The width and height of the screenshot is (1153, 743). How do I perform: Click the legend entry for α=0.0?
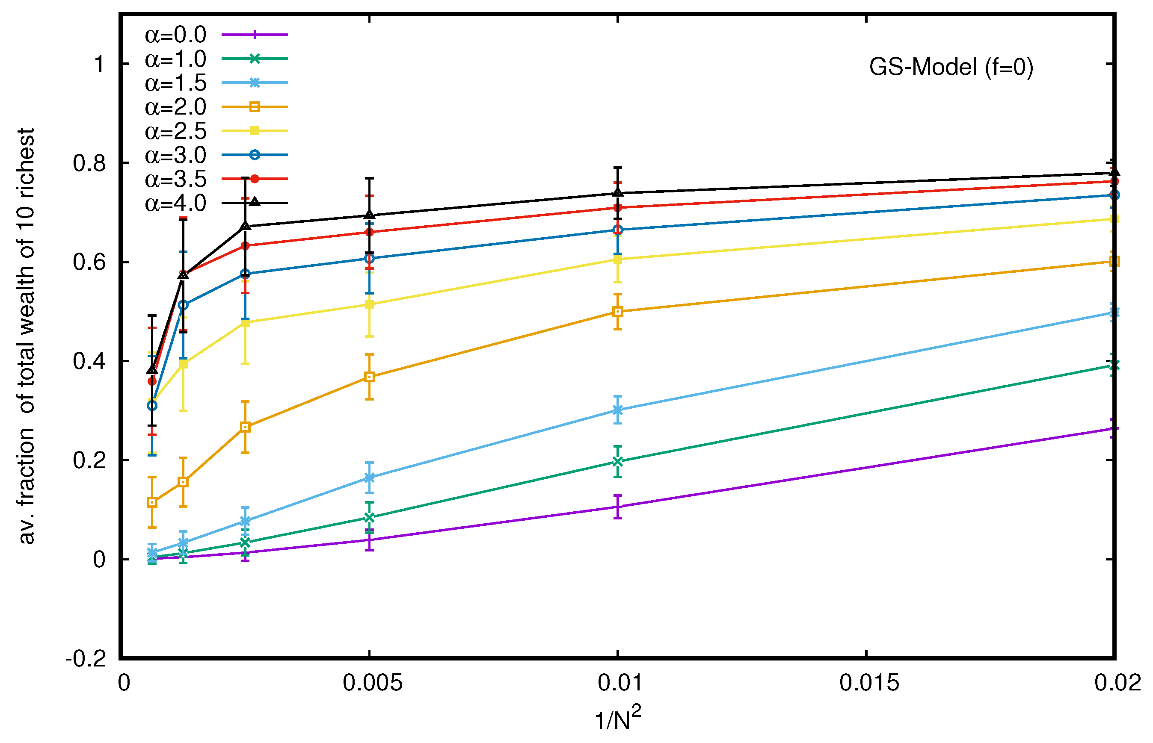point(175,35)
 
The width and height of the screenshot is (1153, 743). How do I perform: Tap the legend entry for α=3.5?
point(175,180)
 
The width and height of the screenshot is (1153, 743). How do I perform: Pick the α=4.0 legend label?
point(175,203)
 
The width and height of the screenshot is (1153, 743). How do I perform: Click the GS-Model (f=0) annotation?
point(951,67)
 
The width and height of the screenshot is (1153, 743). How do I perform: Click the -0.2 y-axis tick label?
point(86,658)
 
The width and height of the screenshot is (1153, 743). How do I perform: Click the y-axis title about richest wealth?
point(27,336)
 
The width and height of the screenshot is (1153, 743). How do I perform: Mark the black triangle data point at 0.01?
point(617,192)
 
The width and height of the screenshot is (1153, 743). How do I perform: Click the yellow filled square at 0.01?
point(617,259)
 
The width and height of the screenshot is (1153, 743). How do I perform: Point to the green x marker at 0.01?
point(617,461)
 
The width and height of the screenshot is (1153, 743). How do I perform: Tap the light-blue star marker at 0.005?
point(369,478)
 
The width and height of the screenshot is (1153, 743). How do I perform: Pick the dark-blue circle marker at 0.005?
point(369,259)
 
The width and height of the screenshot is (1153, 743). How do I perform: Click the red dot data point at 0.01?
point(617,207)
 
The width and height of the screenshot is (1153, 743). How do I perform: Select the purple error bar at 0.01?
point(617,507)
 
